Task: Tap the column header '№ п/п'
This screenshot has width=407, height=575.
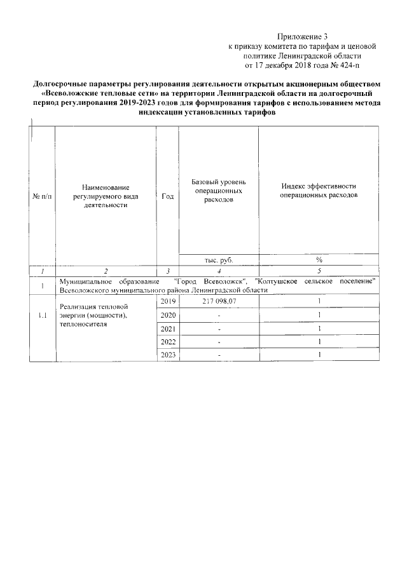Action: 42,196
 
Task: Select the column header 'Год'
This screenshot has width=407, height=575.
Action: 167,196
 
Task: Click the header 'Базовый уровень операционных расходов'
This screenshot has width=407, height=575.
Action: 219,191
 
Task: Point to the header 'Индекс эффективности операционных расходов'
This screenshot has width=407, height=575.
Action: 319,191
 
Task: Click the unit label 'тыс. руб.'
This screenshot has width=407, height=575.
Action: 219,259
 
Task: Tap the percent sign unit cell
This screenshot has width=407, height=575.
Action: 319,259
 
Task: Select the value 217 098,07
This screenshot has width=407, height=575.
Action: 219,301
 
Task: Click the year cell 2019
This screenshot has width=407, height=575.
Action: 167,301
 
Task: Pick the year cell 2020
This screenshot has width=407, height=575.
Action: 167,315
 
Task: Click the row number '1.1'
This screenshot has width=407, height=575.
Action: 42,315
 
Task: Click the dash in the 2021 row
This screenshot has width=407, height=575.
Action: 219,329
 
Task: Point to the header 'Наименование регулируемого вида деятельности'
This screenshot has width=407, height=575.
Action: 106,196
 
